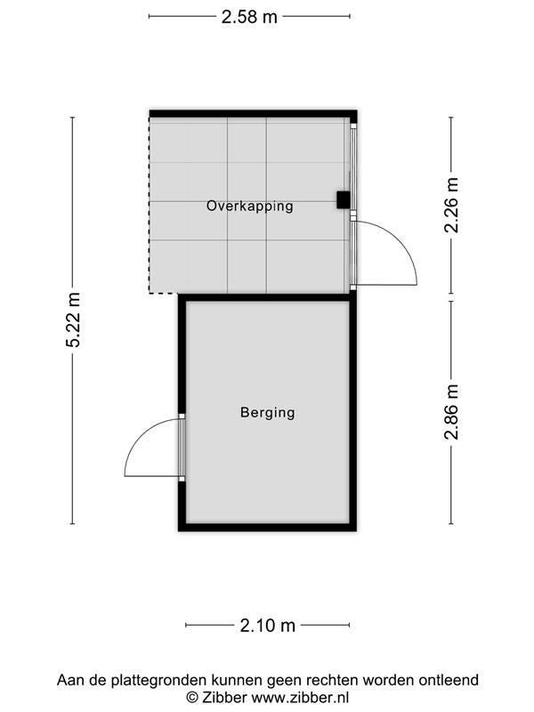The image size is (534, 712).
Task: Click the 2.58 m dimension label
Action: (249, 17)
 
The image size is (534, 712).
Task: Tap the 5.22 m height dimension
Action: (73, 320)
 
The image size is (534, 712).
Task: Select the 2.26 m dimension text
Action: (451, 206)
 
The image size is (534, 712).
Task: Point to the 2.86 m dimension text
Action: (451, 412)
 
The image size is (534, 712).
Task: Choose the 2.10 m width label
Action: (268, 626)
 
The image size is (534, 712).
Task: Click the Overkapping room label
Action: (250, 206)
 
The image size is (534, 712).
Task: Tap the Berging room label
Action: (268, 412)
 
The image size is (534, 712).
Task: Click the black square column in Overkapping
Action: (344, 199)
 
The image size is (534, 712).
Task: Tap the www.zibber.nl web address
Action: (300, 697)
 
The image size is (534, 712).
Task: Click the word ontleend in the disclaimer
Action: (449, 680)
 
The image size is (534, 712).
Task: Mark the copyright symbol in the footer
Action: (192, 697)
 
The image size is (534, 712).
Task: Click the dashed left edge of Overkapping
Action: (150, 206)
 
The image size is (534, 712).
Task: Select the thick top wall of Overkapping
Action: (254, 114)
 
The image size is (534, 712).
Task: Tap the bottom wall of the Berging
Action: (268, 527)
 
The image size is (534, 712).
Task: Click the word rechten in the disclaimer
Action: (332, 680)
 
